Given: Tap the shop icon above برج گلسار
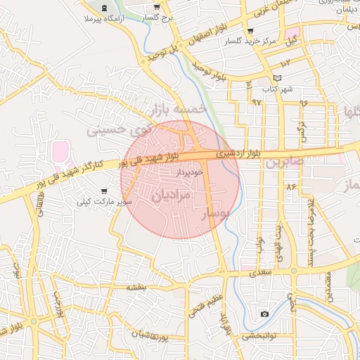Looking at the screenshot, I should [x=156, y=6].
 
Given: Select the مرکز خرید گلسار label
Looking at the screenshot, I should [x=250, y=41].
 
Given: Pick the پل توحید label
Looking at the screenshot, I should [x=159, y=54].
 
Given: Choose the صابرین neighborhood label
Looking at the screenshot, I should [x=284, y=162].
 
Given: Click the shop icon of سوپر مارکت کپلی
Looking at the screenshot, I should [x=105, y=191].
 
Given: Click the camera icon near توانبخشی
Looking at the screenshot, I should [x=264, y=314].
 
